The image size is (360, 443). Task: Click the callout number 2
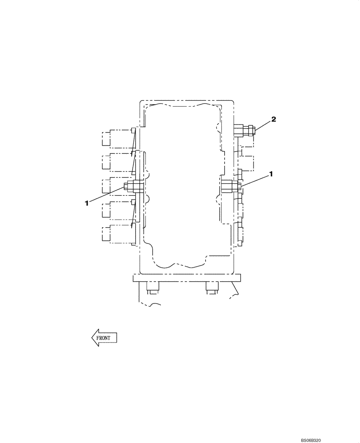(274, 119)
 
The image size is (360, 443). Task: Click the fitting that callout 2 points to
(244, 130)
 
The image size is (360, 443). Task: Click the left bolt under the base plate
(152, 288)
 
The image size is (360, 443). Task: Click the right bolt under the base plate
(211, 288)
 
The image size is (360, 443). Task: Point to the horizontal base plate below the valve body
(186, 279)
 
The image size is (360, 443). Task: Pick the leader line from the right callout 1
(255, 179)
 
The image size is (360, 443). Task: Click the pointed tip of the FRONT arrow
(92, 338)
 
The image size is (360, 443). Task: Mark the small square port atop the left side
(133, 130)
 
